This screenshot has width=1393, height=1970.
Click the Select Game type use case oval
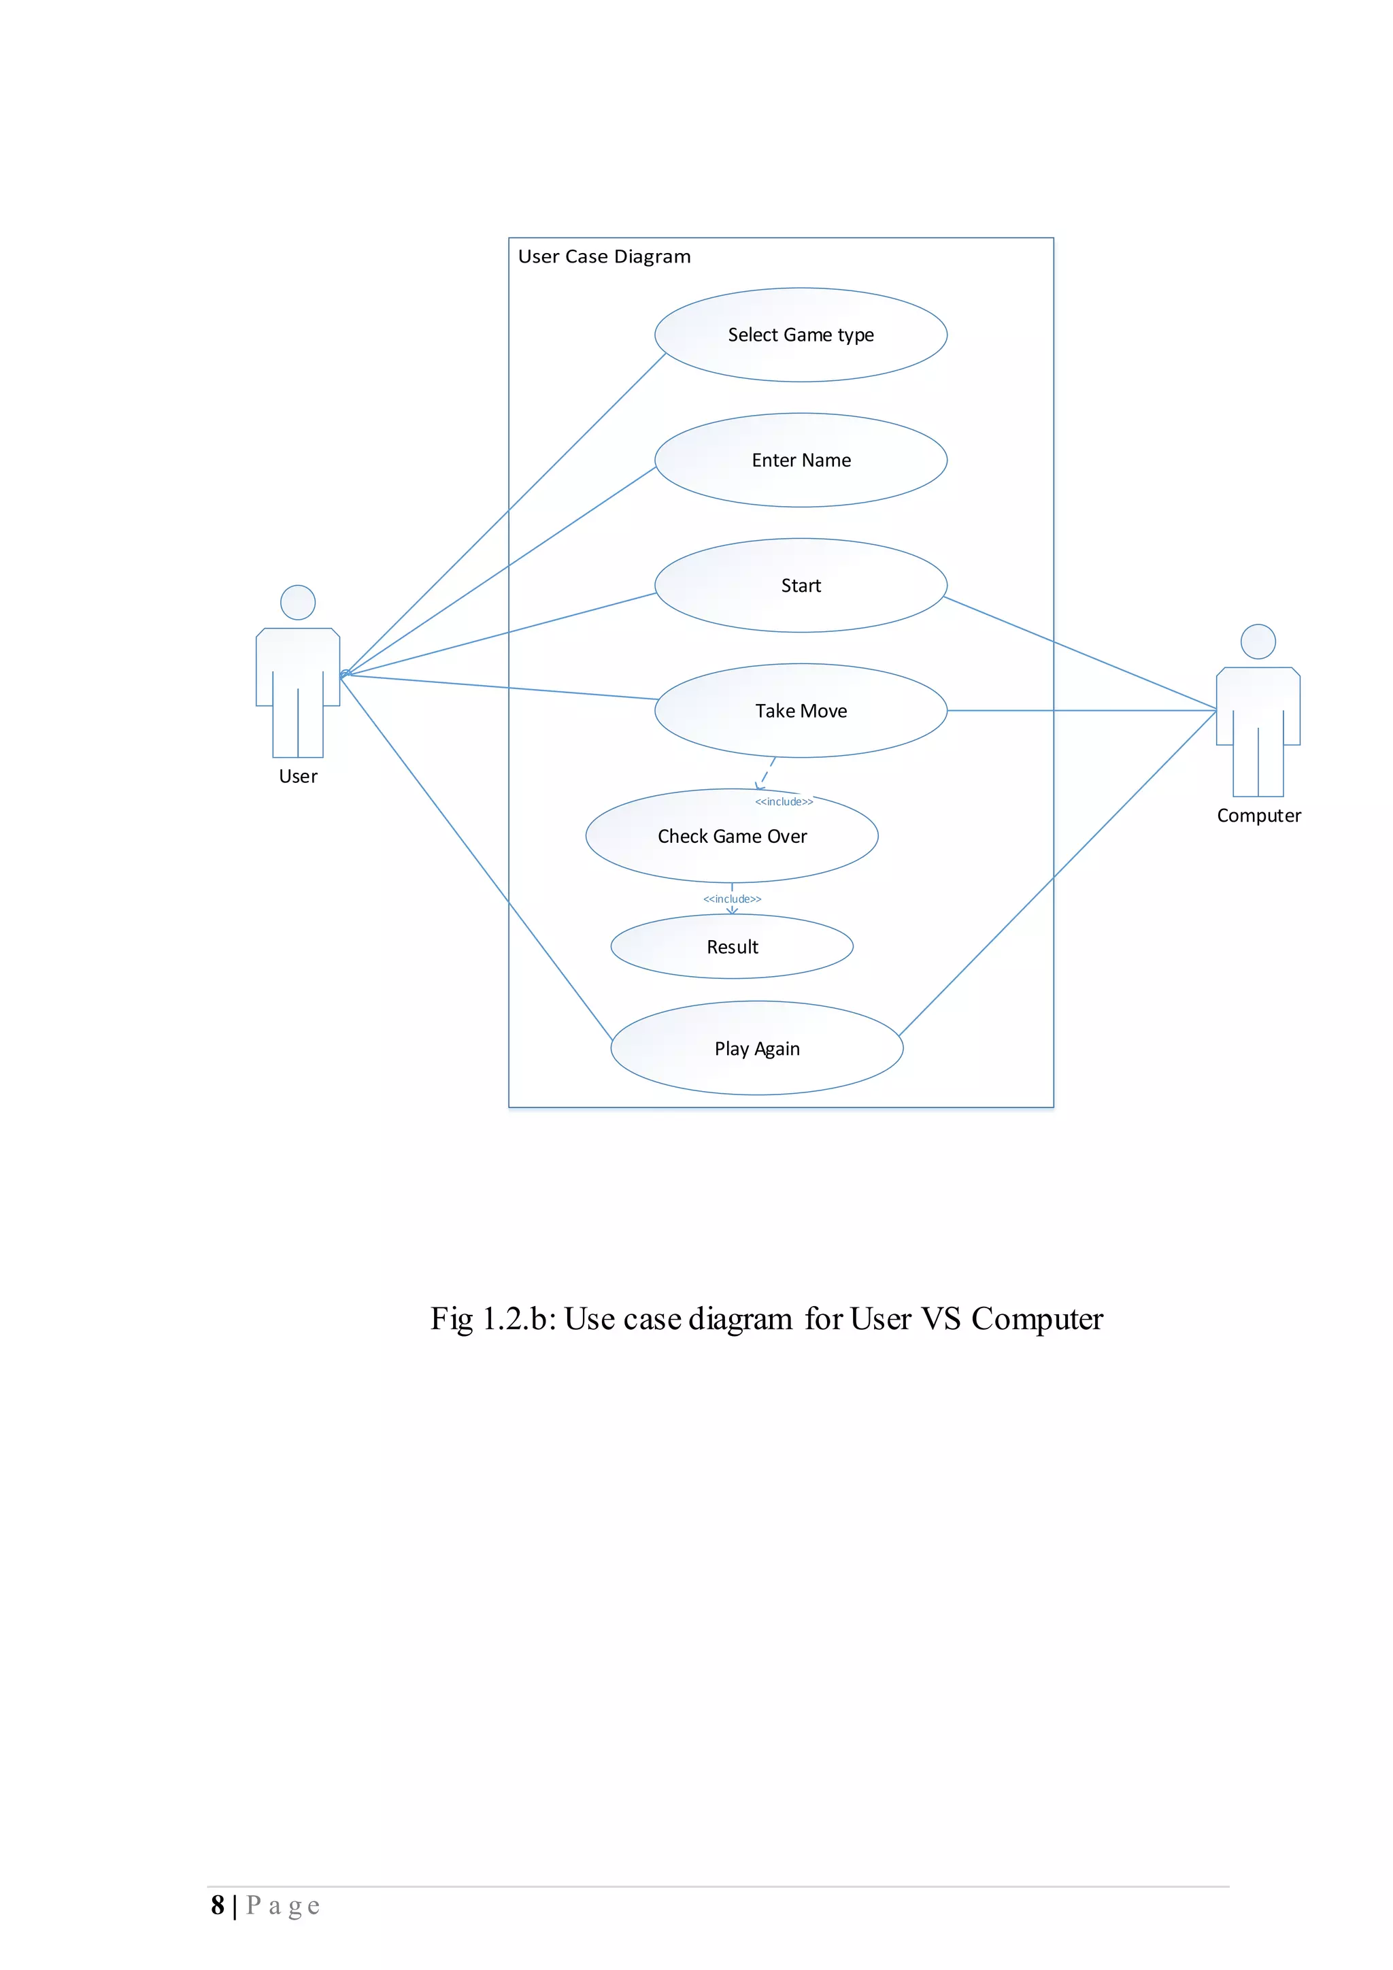pos(801,335)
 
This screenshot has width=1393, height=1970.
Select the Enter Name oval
pos(801,460)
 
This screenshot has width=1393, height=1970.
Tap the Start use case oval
pos(801,585)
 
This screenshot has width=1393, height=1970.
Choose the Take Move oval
pos(801,710)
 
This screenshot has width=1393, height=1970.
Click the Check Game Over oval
pos(732,836)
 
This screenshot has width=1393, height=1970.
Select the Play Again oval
pos(756,1048)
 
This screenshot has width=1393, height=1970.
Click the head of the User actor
pos(298,602)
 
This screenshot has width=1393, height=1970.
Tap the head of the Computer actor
pos(1258,641)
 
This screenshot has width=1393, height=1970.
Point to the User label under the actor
pos(298,776)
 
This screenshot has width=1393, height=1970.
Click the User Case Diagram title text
pos(604,256)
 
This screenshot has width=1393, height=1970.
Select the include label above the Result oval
pos(732,899)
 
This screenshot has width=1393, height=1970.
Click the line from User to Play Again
pos(476,858)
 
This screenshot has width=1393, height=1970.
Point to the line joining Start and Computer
pos(1081,654)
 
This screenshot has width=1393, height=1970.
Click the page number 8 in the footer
pos(218,1905)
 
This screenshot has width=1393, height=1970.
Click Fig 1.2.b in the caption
pos(492,1319)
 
